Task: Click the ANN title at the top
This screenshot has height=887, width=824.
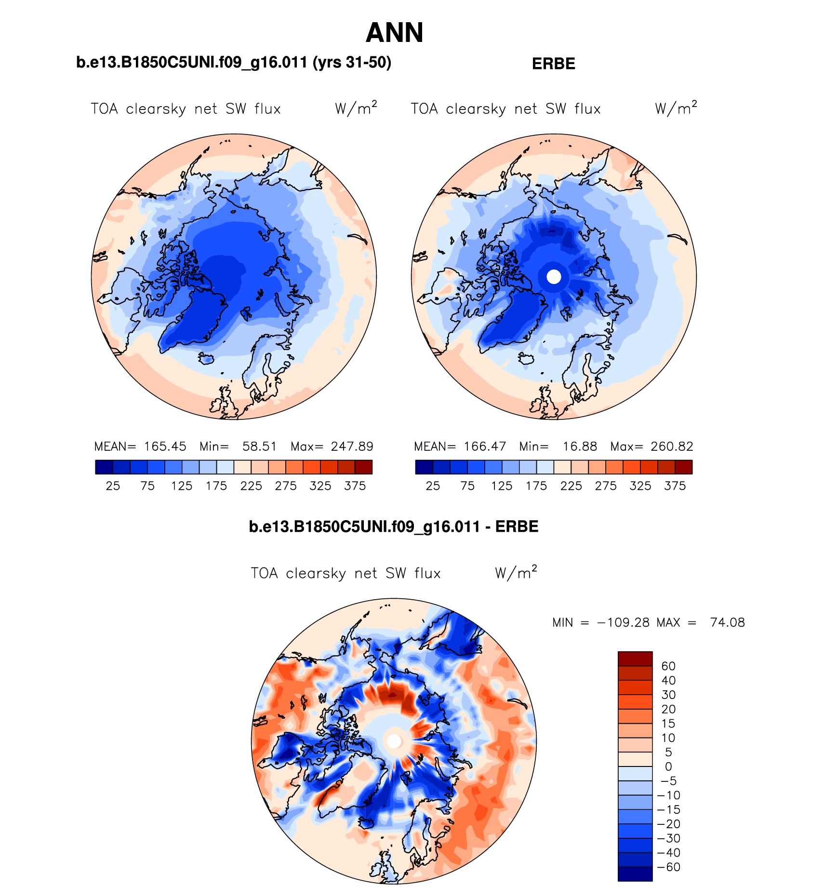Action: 394,33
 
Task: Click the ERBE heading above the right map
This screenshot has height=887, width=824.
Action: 553,64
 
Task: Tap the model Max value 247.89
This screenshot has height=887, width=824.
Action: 352,446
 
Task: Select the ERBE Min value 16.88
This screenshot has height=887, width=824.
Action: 580,446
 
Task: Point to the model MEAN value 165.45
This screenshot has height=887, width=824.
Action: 165,446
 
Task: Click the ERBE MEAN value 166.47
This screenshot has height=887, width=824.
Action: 485,446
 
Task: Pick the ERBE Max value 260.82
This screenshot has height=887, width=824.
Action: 672,446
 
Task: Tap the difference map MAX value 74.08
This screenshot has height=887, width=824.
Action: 727,622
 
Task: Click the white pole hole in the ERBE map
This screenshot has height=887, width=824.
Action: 554,277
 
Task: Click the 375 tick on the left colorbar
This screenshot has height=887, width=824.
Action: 355,486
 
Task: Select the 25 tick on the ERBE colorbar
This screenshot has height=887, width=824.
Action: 433,486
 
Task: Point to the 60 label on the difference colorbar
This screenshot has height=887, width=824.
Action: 668,666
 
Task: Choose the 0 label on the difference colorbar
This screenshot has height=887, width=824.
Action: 668,766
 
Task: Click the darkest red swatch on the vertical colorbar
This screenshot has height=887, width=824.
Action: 635,659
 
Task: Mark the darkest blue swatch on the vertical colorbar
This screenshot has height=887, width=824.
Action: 635,874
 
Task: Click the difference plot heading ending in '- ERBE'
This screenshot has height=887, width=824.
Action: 393,526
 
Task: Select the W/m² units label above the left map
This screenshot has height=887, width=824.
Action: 356,108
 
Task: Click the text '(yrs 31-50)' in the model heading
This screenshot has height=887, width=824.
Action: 352,63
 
